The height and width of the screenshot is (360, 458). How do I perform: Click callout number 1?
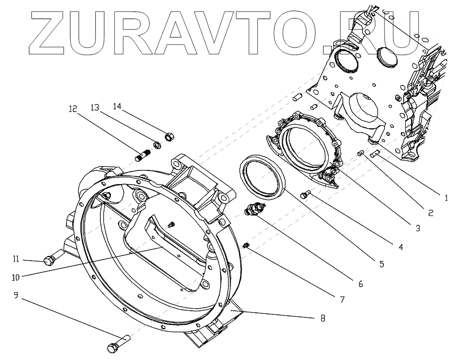(x=446, y=198)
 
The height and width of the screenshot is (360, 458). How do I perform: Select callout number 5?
(x=381, y=264)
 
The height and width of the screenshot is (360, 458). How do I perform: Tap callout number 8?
(x=322, y=318)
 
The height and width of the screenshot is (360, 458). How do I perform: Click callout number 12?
(x=73, y=108)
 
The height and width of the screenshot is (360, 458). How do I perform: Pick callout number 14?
(x=118, y=106)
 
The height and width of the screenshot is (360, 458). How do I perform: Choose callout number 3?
(x=418, y=228)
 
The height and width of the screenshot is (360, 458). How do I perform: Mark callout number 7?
(x=341, y=300)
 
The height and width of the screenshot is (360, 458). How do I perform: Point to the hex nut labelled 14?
(x=168, y=135)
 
